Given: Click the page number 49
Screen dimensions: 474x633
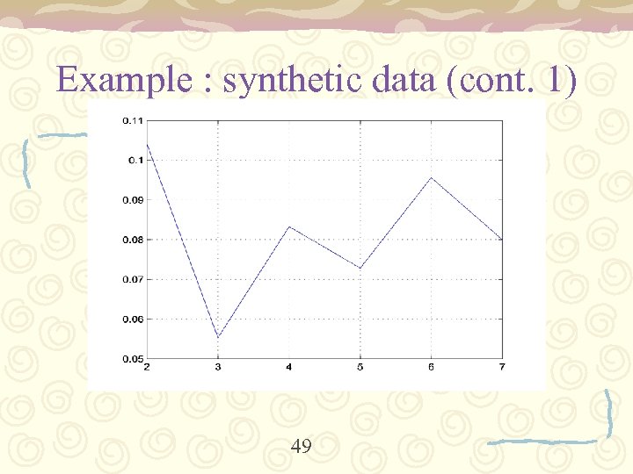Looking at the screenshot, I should click(x=301, y=447).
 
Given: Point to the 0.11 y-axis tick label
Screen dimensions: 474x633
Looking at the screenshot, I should click(x=134, y=120).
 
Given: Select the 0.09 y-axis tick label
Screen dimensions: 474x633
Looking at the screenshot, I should click(x=134, y=199).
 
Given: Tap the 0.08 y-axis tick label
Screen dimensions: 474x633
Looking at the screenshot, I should click(x=134, y=240).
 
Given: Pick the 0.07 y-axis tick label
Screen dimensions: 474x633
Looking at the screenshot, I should click(x=134, y=279).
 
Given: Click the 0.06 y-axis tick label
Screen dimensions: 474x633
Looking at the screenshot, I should click(x=134, y=319).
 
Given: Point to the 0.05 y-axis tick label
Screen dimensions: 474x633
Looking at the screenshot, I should click(x=134, y=358).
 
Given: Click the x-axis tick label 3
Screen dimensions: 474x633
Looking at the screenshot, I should click(x=218, y=366).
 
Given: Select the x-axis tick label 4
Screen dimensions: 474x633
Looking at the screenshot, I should click(x=289, y=366).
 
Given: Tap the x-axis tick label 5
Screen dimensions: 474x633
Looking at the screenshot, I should click(x=360, y=366).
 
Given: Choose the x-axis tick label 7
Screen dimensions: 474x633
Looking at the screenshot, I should click(x=502, y=366).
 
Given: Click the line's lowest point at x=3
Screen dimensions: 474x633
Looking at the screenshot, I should click(x=218, y=337).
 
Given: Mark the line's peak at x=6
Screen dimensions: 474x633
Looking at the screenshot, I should click(x=431, y=178).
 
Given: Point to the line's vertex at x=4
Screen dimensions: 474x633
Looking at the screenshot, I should click(x=289, y=226).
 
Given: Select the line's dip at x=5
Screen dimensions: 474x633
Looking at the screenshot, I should click(x=360, y=268).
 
